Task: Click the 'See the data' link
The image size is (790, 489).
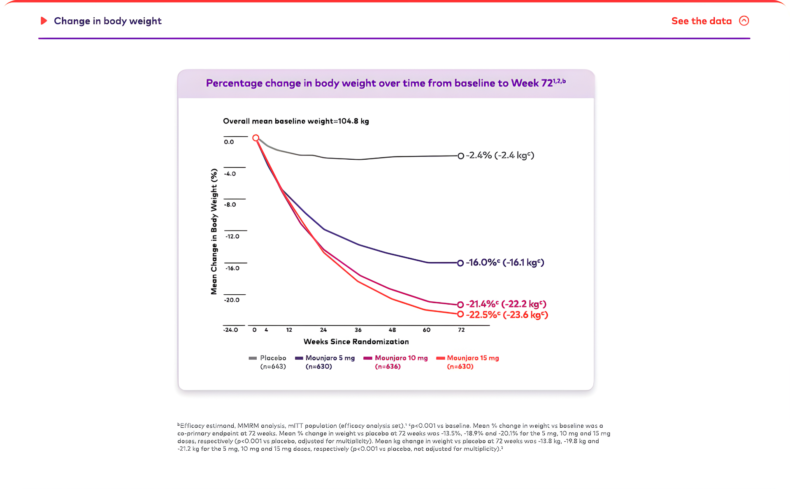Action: pos(701,21)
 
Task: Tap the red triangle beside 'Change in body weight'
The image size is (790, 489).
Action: pos(44,21)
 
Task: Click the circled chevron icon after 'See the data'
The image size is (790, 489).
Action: pos(744,21)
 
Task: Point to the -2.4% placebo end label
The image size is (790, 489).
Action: pos(500,156)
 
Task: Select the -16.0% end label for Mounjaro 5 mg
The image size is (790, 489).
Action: pos(505,263)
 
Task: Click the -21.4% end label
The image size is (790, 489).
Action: pos(506,304)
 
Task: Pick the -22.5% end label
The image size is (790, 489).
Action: pos(507,315)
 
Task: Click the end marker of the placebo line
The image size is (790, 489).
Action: pos(461,156)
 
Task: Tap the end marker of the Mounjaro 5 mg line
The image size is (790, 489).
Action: pos(460,263)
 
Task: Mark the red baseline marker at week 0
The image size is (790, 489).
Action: pos(256,138)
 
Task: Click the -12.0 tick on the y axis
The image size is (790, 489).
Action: pos(232,236)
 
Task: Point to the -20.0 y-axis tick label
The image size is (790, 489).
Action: pos(232,300)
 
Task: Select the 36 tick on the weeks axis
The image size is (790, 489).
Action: pos(358,330)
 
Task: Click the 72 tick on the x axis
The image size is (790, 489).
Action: pos(461,330)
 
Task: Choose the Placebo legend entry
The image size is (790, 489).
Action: pos(272,362)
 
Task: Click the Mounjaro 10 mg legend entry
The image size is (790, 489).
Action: pos(401,362)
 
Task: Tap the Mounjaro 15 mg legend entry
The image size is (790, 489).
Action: pos(472,362)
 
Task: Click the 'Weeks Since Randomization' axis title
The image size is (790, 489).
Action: pos(356,342)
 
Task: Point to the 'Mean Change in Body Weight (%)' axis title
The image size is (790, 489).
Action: pos(214,231)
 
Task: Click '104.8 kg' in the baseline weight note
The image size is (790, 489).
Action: pos(353,121)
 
